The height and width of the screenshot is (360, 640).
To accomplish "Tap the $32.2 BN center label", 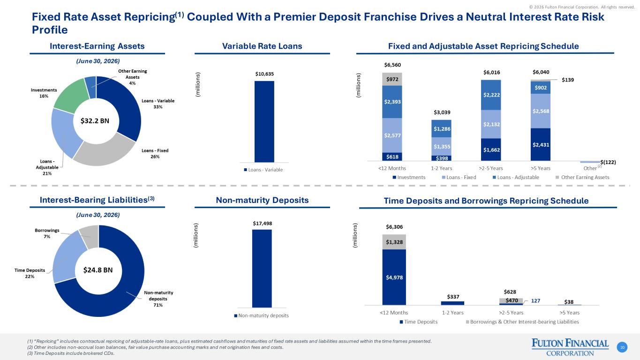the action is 95,121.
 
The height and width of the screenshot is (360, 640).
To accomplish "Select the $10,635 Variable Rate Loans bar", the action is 264,122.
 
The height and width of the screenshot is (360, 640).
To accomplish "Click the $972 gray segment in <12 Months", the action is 392,79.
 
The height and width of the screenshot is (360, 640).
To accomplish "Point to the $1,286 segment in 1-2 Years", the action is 441,128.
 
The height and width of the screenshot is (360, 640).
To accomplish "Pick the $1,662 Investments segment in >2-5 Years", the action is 491,150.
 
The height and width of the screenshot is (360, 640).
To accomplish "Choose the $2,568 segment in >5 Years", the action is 541,111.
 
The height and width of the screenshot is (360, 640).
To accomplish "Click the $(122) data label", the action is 608,162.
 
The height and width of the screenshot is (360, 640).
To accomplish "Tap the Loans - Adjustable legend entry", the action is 516,178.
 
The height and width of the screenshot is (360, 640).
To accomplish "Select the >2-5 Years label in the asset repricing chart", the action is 491,168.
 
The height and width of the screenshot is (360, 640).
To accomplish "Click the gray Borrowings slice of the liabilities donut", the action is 90,236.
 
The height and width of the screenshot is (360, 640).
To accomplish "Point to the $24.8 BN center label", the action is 98,270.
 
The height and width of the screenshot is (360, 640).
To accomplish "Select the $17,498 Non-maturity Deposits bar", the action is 262,269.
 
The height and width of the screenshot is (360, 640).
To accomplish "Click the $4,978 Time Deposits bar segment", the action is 394,277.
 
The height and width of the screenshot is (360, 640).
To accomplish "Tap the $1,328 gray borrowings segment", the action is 394,242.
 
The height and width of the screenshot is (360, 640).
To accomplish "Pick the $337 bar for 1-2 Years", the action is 452,303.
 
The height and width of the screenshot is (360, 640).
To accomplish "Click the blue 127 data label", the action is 535,301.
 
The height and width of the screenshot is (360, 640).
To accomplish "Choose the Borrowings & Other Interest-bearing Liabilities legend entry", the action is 522,322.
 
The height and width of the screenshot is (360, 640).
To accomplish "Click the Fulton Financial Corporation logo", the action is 570,347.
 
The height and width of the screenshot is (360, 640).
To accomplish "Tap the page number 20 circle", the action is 622,347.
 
